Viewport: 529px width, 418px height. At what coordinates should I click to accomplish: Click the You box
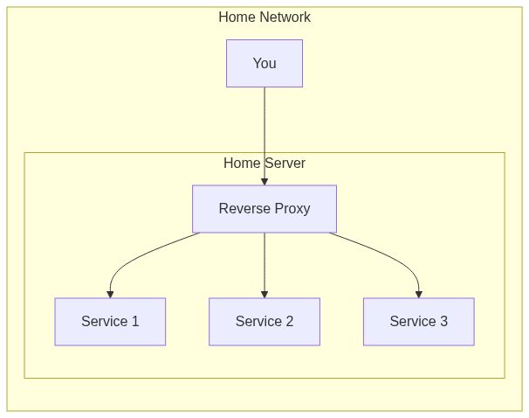pyautogui.click(x=264, y=63)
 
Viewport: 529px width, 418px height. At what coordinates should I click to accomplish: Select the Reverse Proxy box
pyautogui.click(x=264, y=209)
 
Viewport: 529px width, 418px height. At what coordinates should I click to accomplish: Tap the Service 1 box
pyautogui.click(x=110, y=322)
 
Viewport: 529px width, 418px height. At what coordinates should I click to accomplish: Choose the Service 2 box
pyautogui.click(x=264, y=322)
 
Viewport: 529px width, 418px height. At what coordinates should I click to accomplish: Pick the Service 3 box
pyautogui.click(x=418, y=322)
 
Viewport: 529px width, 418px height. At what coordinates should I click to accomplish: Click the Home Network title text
pyautogui.click(x=264, y=17)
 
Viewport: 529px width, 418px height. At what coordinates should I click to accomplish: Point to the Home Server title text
pyautogui.click(x=264, y=164)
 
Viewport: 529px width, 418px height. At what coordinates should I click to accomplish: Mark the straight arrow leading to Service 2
pyautogui.click(x=264, y=262)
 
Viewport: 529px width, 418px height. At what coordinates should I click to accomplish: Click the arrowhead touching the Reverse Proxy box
pyautogui.click(x=264, y=181)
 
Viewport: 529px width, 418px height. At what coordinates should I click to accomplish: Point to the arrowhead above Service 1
pyautogui.click(x=110, y=294)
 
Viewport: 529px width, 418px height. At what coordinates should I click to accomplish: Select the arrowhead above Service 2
pyautogui.click(x=264, y=294)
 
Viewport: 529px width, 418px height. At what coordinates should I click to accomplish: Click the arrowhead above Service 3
pyautogui.click(x=419, y=294)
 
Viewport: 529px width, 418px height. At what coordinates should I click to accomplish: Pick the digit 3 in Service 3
pyautogui.click(x=443, y=322)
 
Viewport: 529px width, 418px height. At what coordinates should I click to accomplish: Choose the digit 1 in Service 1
pyautogui.click(x=135, y=322)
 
